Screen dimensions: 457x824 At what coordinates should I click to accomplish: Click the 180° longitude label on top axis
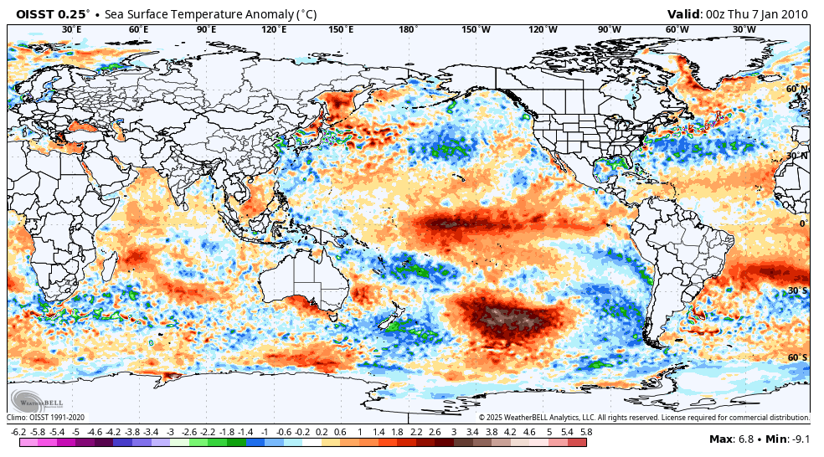coord(409,29)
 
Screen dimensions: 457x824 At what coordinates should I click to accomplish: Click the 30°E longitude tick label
coord(72,29)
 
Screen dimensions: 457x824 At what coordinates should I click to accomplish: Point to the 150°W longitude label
coord(476,29)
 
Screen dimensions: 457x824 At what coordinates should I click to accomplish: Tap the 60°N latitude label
coord(797,89)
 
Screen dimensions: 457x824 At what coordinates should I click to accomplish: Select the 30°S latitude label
coord(797,290)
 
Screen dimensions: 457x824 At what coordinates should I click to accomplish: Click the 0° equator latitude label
coord(803,223)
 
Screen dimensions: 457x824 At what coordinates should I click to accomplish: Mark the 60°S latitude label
coord(797,357)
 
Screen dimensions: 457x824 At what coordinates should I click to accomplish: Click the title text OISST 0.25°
coord(53,14)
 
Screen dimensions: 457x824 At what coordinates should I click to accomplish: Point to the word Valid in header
coord(684,14)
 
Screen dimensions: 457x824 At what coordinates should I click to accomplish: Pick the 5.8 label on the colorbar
coord(586,432)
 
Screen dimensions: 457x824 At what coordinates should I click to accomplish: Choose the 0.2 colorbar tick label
coord(322,432)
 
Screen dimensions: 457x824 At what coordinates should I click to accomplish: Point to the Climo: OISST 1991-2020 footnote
coord(47,417)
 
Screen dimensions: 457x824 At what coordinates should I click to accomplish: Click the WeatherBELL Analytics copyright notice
coord(643,417)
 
